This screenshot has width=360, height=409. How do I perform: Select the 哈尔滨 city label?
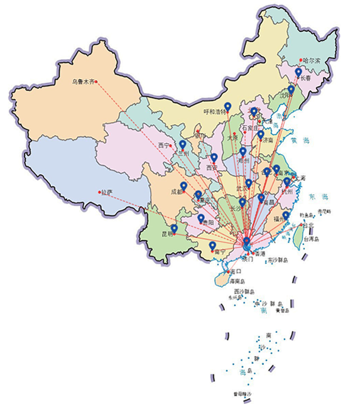pyautogui.click(x=312, y=61)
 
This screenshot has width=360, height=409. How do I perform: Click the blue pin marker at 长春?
pyautogui.click(x=298, y=73)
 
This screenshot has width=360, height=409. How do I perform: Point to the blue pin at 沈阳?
pyautogui.click(x=291, y=90)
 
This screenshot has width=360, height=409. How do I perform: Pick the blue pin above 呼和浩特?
pyautogui.click(x=228, y=106)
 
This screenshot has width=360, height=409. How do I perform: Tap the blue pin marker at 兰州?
pyautogui.click(x=182, y=145)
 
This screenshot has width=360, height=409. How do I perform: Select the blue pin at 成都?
pyautogui.click(x=183, y=187)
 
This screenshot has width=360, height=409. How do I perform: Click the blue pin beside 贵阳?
pyautogui.click(x=201, y=219)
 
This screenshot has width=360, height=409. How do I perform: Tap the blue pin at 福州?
pyautogui.click(x=286, y=215)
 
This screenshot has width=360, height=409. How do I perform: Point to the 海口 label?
pyautogui.click(x=236, y=271)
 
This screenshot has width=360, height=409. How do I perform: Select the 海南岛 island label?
pyautogui.click(x=240, y=281)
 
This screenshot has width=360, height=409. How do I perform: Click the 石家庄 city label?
pyautogui.click(x=251, y=127)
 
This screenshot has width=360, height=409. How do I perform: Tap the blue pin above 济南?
pyautogui.click(x=260, y=134)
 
